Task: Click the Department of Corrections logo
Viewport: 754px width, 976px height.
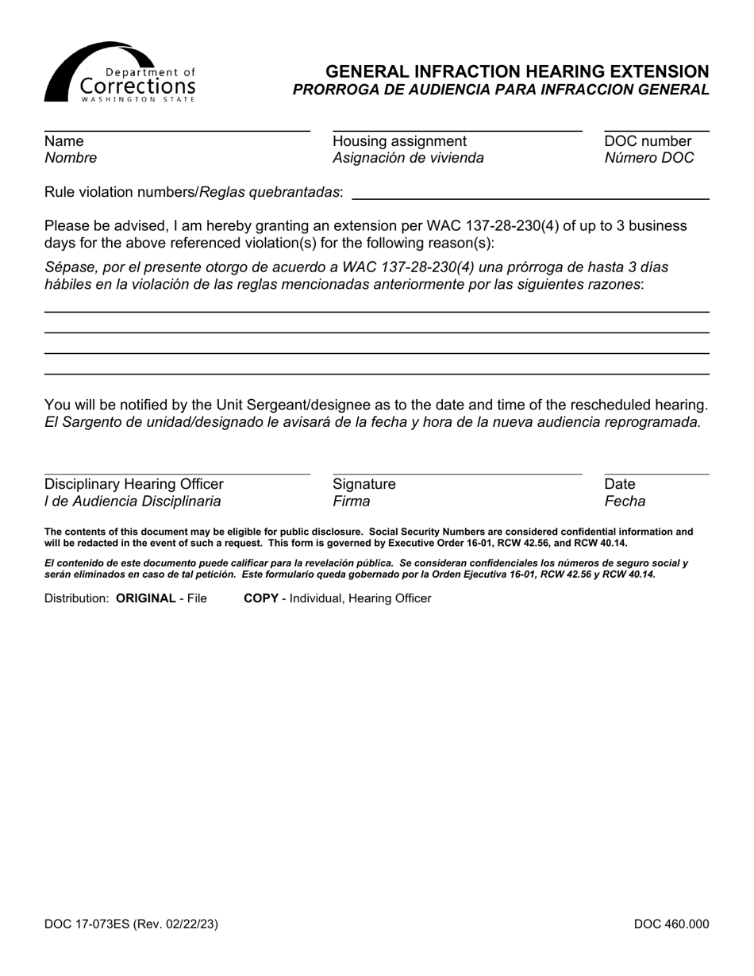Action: [x=119, y=73]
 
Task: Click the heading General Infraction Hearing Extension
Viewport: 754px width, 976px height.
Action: [x=517, y=71]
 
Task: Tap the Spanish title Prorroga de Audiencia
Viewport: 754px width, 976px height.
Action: [x=501, y=90]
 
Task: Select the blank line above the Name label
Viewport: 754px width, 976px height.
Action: [x=177, y=129]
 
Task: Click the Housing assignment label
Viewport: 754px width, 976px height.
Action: [x=399, y=141]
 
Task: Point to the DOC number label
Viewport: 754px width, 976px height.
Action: [x=648, y=141]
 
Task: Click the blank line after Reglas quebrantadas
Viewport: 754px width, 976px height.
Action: [x=529, y=198]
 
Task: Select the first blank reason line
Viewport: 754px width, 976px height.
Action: [x=376, y=311]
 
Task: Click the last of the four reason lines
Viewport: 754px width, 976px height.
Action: [x=376, y=373]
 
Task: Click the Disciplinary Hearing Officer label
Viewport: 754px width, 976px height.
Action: [x=134, y=484]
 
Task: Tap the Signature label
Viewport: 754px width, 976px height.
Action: [x=364, y=484]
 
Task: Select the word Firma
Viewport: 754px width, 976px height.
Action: [x=351, y=501]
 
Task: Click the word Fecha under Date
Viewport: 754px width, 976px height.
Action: [x=625, y=501]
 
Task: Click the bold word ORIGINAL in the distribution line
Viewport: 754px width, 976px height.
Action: [x=145, y=598]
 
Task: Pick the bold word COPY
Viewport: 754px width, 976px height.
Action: [x=260, y=598]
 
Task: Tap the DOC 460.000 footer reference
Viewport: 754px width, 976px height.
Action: [x=671, y=924]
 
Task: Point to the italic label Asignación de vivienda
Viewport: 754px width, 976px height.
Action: [x=408, y=158]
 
